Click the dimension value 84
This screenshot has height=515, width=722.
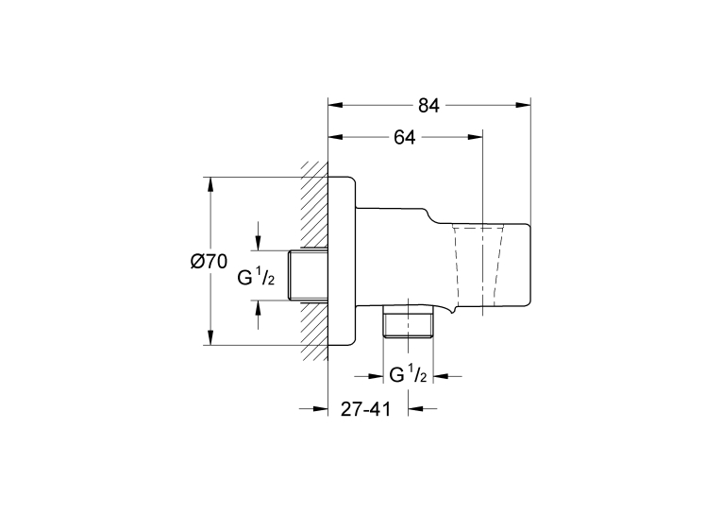tap(428, 106)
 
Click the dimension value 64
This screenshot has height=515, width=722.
tap(404, 137)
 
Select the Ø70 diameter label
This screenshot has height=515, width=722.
tap(209, 262)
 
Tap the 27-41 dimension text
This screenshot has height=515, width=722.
tap(365, 409)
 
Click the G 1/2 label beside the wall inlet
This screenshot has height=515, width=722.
tap(256, 278)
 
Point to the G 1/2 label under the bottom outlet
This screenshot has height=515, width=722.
tap(408, 375)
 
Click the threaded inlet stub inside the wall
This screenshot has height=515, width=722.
tap(308, 276)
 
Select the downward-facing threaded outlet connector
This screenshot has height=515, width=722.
tap(408, 321)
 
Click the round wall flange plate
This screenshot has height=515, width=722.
tap(342, 261)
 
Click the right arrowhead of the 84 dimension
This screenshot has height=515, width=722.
tap(524, 105)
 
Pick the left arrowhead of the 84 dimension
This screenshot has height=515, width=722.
tap(335, 105)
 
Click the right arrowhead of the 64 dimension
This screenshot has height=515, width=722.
tap(475, 137)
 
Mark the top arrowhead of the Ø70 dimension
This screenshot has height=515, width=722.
tap(210, 184)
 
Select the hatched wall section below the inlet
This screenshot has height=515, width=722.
tap(314, 331)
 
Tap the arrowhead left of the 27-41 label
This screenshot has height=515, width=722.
tap(321, 408)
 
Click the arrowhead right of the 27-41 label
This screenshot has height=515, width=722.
tap(415, 408)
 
